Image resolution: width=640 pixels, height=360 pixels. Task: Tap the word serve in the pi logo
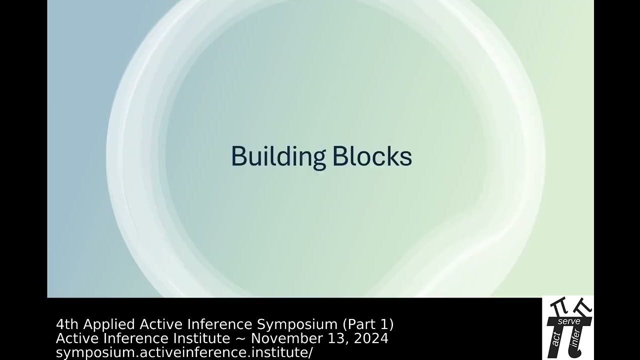tap(568, 321)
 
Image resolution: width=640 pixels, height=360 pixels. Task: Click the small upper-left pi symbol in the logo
tap(556, 305)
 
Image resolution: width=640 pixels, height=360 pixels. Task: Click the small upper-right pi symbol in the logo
tap(583, 304)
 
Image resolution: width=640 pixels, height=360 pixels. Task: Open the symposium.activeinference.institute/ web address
tap(184, 352)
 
